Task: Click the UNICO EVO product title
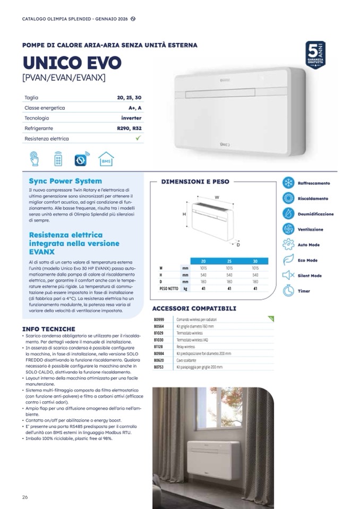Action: pos(72,63)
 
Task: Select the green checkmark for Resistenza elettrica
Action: pos(138,139)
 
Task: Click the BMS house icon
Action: pos(106,159)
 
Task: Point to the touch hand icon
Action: pos(35,159)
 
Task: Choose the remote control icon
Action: pos(58,159)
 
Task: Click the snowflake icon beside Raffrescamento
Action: pos(288,183)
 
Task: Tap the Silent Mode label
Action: pos(310,275)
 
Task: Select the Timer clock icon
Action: pos(288,291)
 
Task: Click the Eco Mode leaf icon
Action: pos(288,260)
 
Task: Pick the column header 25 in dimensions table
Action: pos(229,261)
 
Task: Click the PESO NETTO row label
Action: pos(169,289)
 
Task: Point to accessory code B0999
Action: pos(159,320)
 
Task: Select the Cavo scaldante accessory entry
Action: pos(186,360)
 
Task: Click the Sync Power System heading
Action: pos(65,181)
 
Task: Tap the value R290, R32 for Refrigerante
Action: pos(130,128)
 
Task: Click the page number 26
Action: pos(25,497)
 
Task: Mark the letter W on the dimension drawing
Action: pos(217,197)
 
